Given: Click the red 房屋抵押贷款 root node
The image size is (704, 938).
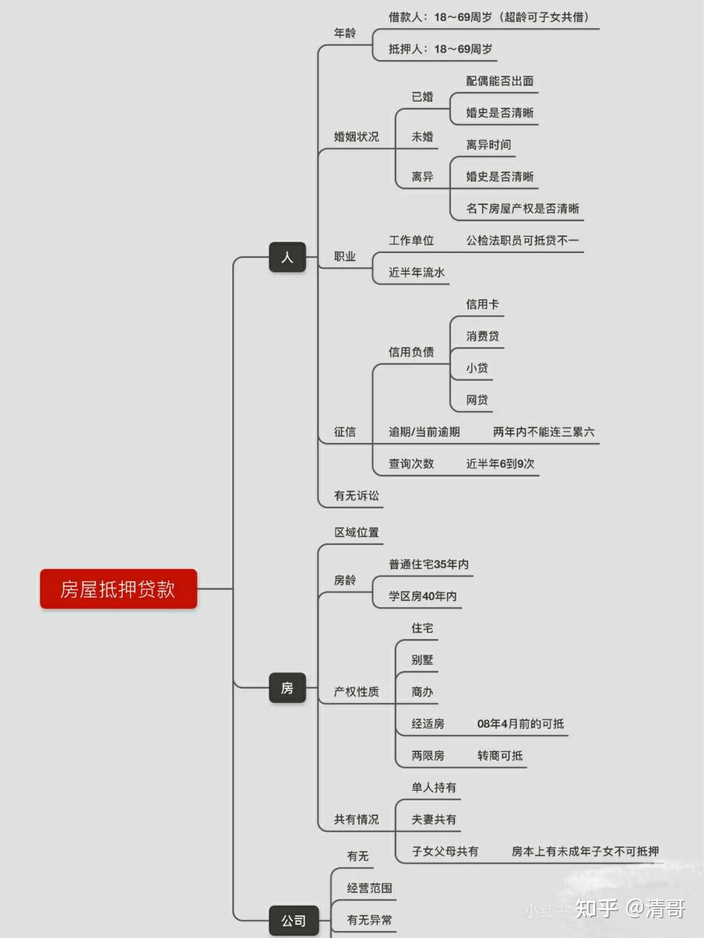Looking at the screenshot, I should click(118, 589).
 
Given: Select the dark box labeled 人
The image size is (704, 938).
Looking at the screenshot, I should click(287, 257).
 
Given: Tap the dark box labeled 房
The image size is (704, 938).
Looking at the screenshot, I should click(287, 688).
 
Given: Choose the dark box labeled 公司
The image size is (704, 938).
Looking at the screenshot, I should click(293, 920).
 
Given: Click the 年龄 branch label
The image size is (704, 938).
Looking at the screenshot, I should click(345, 33).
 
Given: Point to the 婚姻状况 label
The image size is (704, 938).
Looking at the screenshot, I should click(356, 137).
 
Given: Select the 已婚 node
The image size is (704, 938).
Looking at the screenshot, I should click(422, 96).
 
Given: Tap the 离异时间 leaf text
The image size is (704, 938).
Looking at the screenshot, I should click(488, 145).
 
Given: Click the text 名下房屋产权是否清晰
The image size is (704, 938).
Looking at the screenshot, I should click(522, 209).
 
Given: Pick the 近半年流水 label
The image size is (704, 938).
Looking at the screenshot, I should click(417, 272).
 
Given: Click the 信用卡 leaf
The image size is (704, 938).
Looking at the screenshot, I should click(482, 304).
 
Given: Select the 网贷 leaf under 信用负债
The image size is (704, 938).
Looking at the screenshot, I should click(477, 400).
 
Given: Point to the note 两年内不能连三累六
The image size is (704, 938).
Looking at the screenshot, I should click(544, 432).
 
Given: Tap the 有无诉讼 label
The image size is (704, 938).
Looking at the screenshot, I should click(356, 496).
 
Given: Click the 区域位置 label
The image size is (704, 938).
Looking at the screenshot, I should click(357, 533).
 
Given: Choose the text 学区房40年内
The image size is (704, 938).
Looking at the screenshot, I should click(422, 596).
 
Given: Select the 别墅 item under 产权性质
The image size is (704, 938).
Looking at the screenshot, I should click(422, 660).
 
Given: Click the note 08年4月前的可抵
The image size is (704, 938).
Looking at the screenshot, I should click(520, 724).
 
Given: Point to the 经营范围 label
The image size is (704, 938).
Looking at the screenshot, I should click(370, 888).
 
